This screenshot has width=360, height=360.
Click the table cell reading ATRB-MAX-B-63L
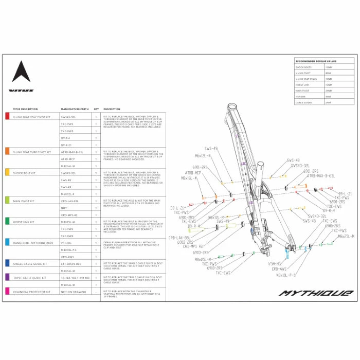[x=72, y=152]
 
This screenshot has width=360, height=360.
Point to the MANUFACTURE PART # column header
[x=75, y=109]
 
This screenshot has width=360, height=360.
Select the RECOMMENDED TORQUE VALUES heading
[x=316, y=61]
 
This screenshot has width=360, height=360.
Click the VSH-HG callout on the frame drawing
[x=274, y=263]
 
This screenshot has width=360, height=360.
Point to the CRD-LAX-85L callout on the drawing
[x=179, y=238]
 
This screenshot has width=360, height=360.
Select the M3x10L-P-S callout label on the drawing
[x=286, y=275]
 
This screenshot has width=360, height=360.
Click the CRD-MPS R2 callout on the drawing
[x=193, y=246]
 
